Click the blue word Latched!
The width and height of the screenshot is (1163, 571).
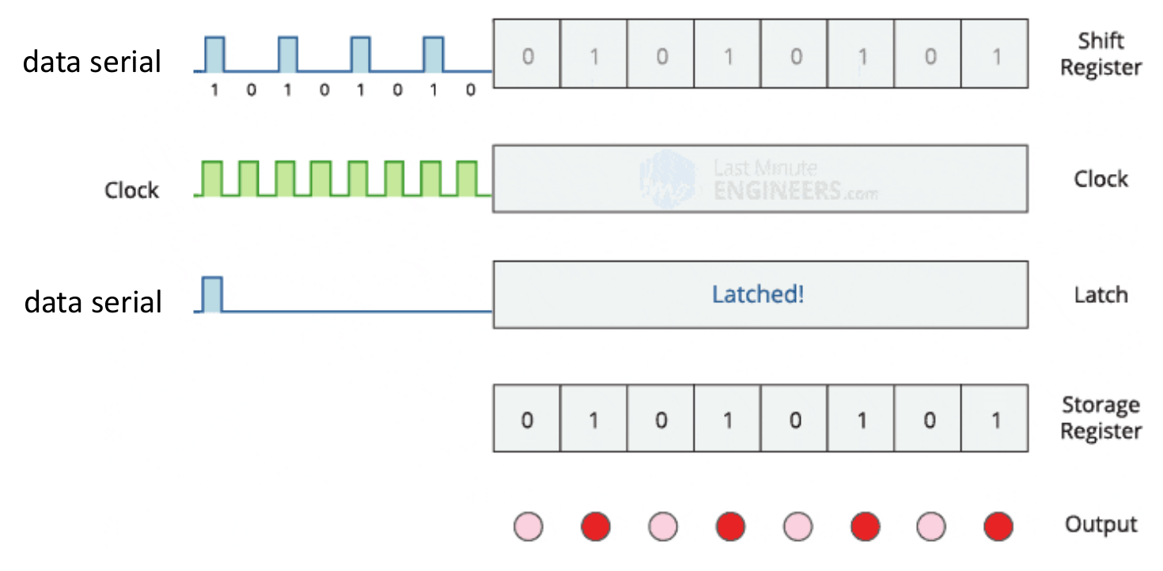(758, 295)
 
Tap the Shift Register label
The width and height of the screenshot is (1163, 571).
(1100, 54)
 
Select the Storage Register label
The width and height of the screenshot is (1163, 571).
(1100, 418)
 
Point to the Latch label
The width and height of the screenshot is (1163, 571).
(1100, 295)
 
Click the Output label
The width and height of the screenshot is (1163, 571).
(1100, 524)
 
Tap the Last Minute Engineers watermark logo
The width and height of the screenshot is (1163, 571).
(668, 179)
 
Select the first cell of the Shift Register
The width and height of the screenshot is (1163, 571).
(527, 54)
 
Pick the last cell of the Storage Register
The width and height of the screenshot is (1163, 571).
(995, 418)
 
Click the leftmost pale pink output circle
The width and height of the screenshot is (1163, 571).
(528, 526)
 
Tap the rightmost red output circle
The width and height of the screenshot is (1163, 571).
(998, 526)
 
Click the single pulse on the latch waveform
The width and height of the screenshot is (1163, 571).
(214, 294)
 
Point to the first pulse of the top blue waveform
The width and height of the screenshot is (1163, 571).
(214, 54)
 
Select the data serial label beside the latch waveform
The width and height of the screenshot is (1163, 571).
(93, 301)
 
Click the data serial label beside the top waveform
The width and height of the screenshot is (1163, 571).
(91, 61)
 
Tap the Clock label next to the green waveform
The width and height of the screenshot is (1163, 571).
(131, 191)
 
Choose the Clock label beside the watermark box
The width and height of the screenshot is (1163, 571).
(1100, 180)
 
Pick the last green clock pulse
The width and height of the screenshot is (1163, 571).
(467, 178)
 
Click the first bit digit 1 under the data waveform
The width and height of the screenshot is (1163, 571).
(214, 90)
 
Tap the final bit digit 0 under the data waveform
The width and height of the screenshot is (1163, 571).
(471, 90)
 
